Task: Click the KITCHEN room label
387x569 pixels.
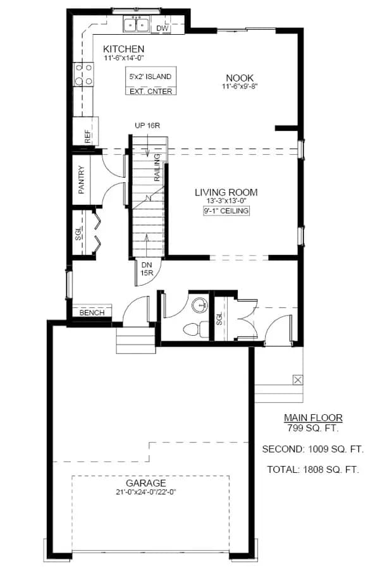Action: click(123, 49)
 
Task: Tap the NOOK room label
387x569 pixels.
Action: click(240, 78)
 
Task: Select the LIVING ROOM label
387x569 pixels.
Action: click(226, 192)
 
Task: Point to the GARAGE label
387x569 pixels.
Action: click(146, 483)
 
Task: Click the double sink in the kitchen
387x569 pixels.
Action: click(136, 25)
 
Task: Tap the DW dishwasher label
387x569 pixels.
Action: click(162, 28)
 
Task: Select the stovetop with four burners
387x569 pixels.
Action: click(83, 75)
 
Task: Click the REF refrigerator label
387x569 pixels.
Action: click(87, 137)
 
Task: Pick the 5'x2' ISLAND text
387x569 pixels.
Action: click(150, 76)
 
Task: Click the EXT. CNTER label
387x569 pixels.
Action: click(151, 92)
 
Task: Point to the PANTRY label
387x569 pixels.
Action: click(82, 180)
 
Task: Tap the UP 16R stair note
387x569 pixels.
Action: click(147, 126)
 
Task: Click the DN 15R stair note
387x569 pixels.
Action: click(147, 269)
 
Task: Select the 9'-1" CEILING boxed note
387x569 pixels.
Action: click(226, 211)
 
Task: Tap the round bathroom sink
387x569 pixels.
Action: click(199, 305)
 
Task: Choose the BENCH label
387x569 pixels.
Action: click(92, 313)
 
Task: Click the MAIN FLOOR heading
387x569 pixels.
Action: click(313, 418)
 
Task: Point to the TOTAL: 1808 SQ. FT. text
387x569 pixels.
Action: click(313, 470)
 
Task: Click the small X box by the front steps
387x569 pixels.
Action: click(298, 380)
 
